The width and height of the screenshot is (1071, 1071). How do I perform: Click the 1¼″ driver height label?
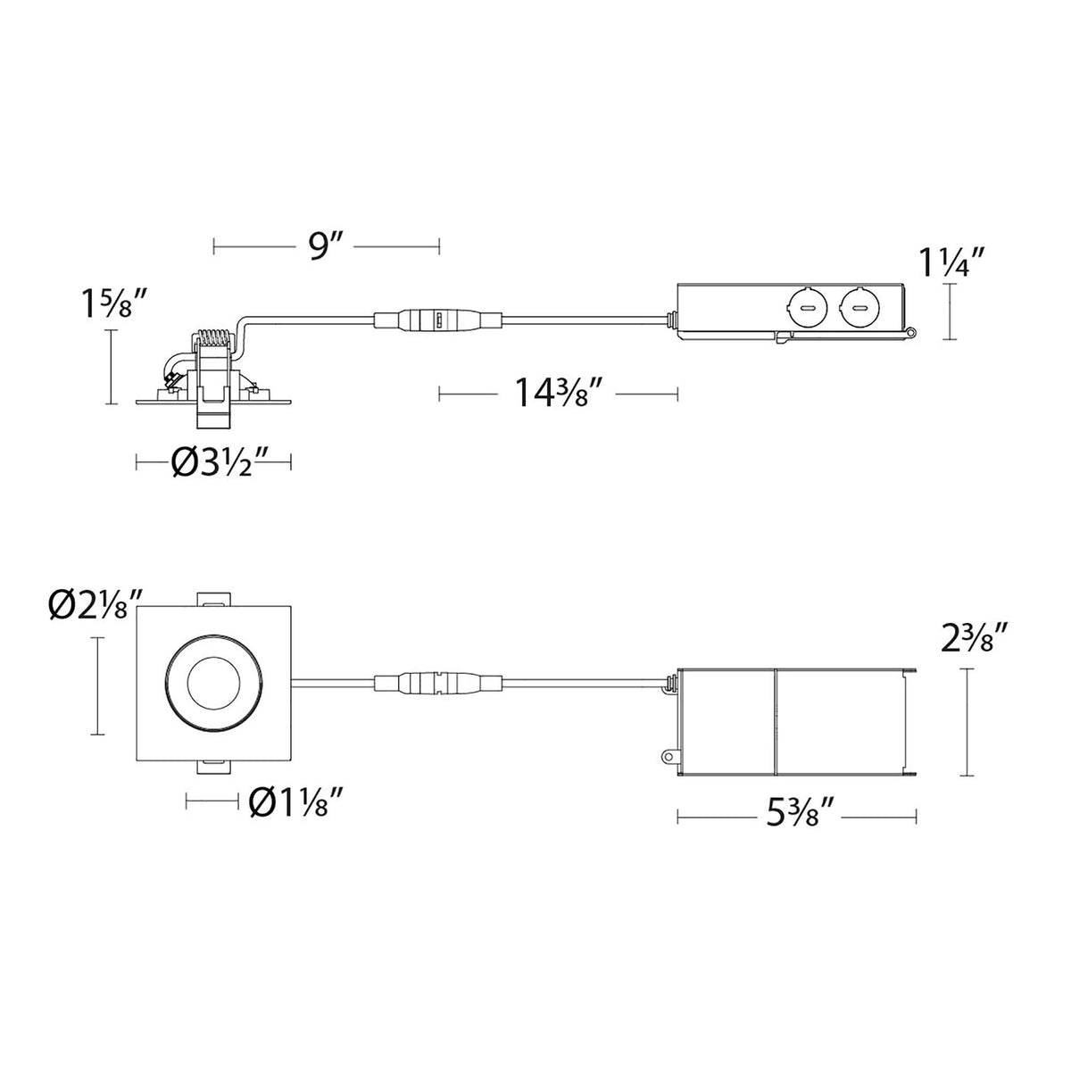point(952,262)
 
